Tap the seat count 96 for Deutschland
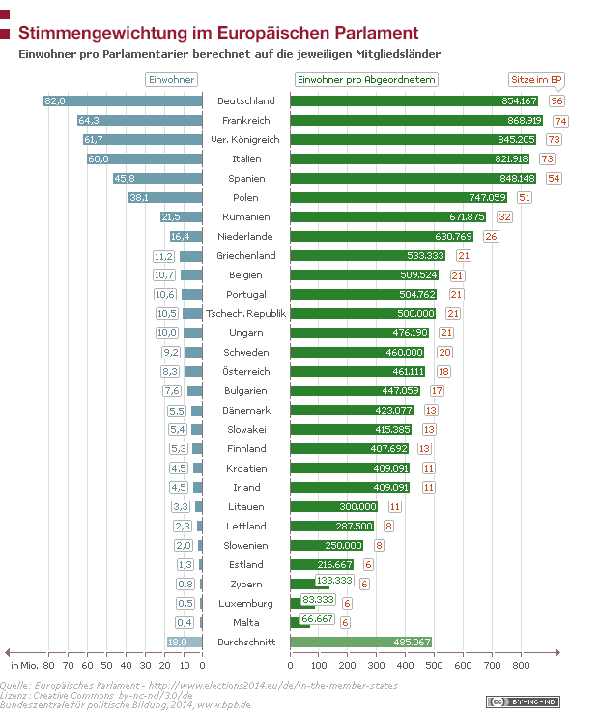pyautogui.click(x=556, y=101)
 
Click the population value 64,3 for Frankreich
pyautogui.click(x=89, y=121)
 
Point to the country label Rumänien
pyautogui.click(x=245, y=217)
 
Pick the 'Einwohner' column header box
pyautogui.click(x=171, y=80)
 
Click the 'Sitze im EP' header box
pyautogui.click(x=537, y=80)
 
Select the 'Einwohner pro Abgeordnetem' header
pyautogui.click(x=366, y=80)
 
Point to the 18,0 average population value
pyautogui.click(x=177, y=643)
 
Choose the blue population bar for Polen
pyautogui.click(x=165, y=198)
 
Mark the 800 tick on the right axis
pyautogui.click(x=521, y=666)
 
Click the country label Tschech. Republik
pyautogui.click(x=245, y=314)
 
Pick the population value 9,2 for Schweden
pyautogui.click(x=172, y=353)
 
